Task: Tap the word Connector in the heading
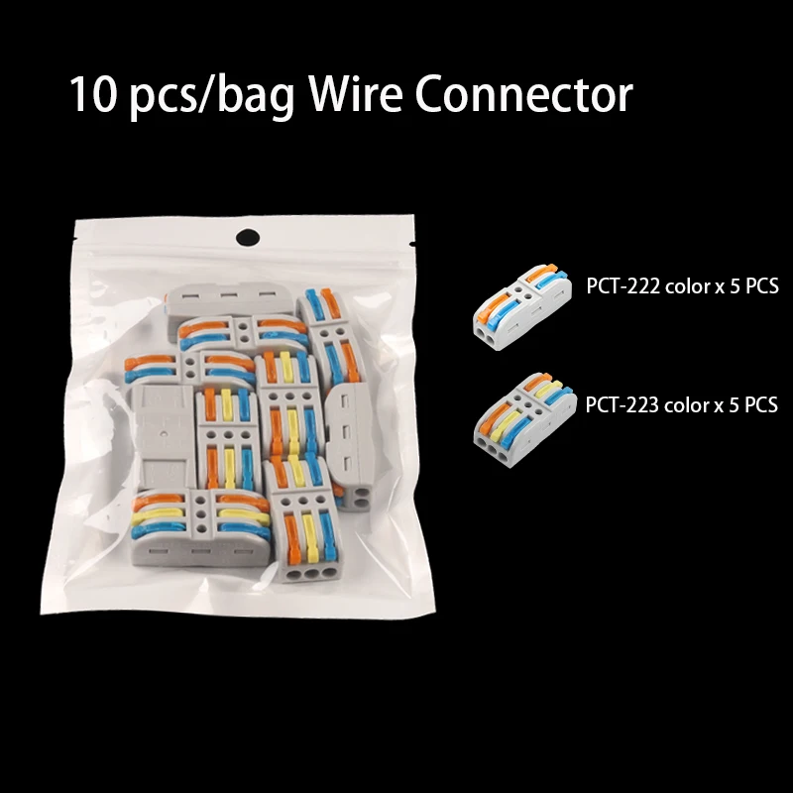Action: pos(523,95)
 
